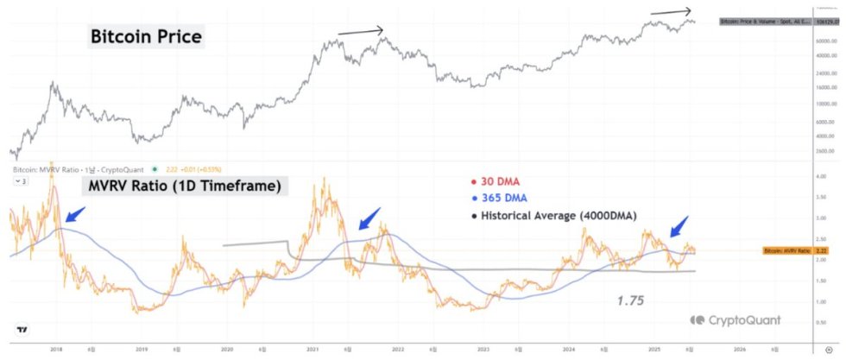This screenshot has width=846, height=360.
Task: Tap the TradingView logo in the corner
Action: pyautogui.click(x=21, y=330)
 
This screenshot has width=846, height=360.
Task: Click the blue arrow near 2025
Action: pyautogui.click(x=679, y=226)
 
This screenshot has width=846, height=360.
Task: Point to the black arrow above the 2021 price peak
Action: pyautogui.click(x=361, y=32)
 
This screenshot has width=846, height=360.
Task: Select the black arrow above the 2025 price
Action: pyautogui.click(x=671, y=12)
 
